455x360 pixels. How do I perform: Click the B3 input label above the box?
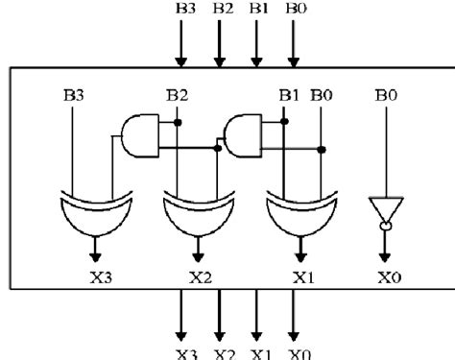[183, 8]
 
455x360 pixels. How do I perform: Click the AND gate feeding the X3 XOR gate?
[142, 136]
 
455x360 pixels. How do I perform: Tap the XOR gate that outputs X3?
[93, 216]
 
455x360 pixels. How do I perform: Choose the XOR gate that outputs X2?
[197, 216]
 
